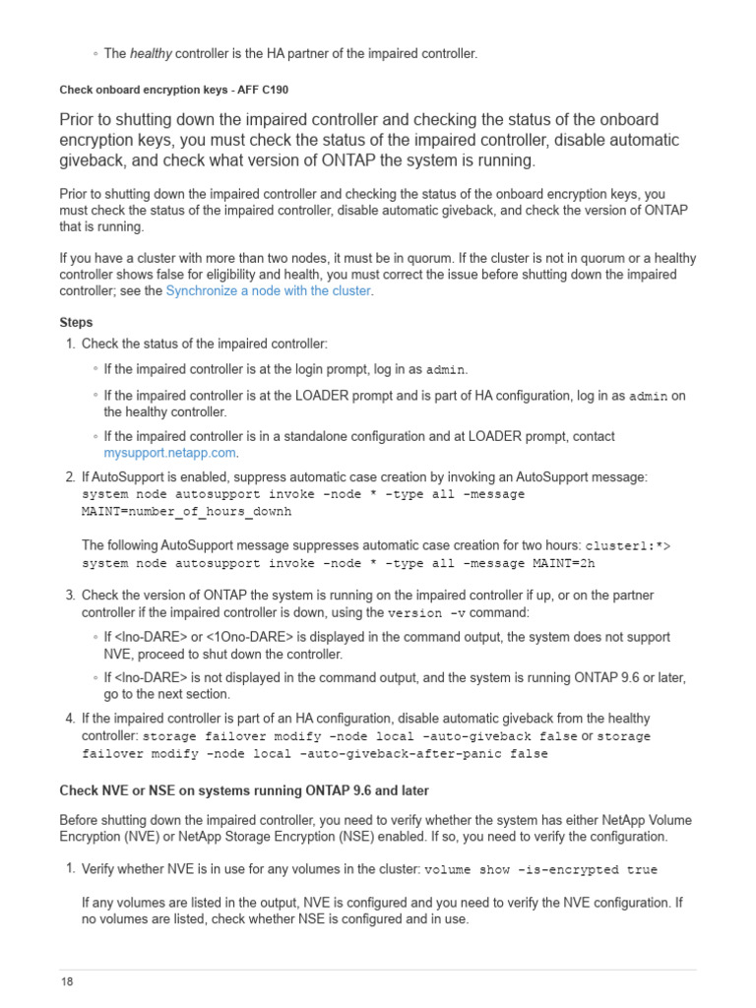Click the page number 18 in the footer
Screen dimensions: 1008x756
coord(66,981)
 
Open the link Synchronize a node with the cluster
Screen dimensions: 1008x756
coord(268,290)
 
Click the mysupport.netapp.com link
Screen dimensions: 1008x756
coord(170,453)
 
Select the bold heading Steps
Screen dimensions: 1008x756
coord(76,322)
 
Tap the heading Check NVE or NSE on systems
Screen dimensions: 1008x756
coord(244,790)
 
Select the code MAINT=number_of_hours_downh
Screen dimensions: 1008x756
coord(186,512)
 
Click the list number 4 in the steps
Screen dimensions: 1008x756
coord(69,719)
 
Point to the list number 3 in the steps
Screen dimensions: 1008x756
coord(69,596)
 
